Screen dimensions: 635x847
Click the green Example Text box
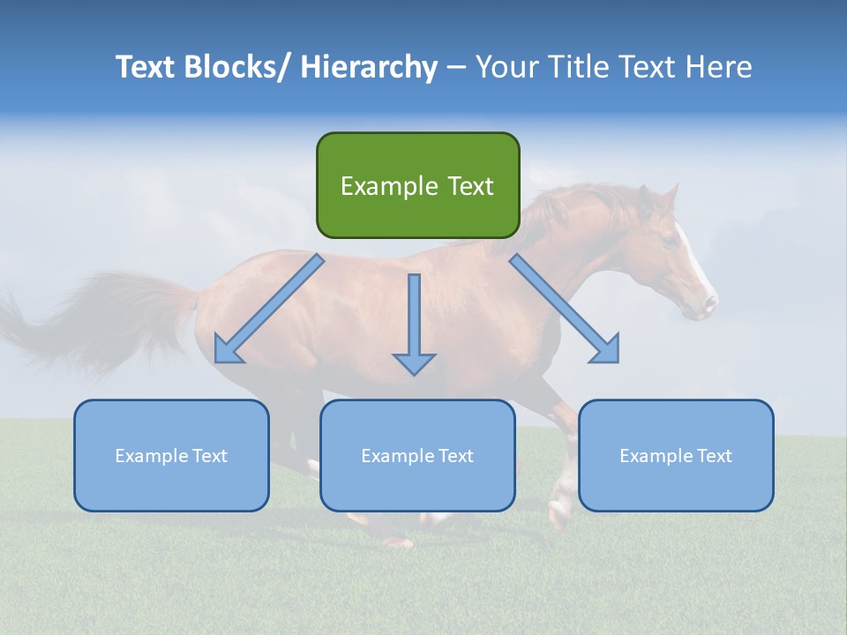[x=417, y=185]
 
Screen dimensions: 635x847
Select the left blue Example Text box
[x=171, y=455]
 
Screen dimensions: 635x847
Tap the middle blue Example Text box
[x=417, y=455]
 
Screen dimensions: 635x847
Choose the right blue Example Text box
[x=676, y=455]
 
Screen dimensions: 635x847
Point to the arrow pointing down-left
[x=269, y=309]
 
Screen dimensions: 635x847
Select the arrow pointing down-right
[x=565, y=309]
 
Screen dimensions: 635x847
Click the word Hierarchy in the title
[x=369, y=67]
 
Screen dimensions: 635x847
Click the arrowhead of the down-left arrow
[x=227, y=350]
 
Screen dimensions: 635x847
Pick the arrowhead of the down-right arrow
[x=606, y=350]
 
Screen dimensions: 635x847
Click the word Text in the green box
[x=467, y=186]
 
